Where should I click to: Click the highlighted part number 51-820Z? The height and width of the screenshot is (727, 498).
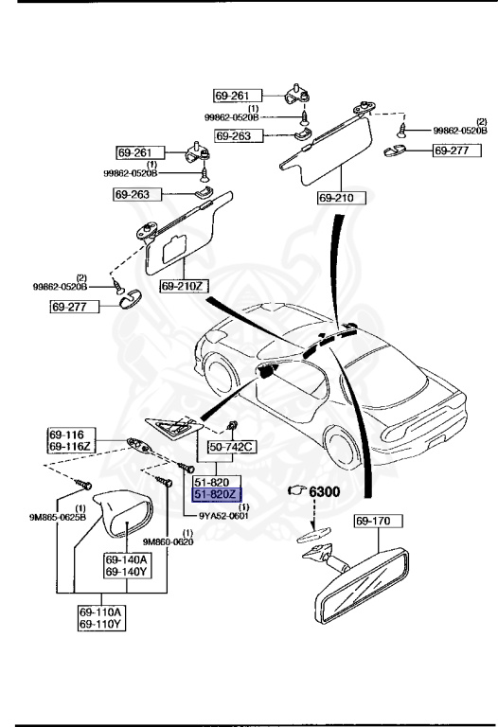point(217,494)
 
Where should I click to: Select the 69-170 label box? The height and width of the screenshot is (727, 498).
point(379,521)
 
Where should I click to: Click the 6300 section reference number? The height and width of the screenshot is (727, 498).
point(325,492)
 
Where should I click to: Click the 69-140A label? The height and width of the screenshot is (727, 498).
point(126,560)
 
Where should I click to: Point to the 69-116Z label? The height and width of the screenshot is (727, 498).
point(69,444)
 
